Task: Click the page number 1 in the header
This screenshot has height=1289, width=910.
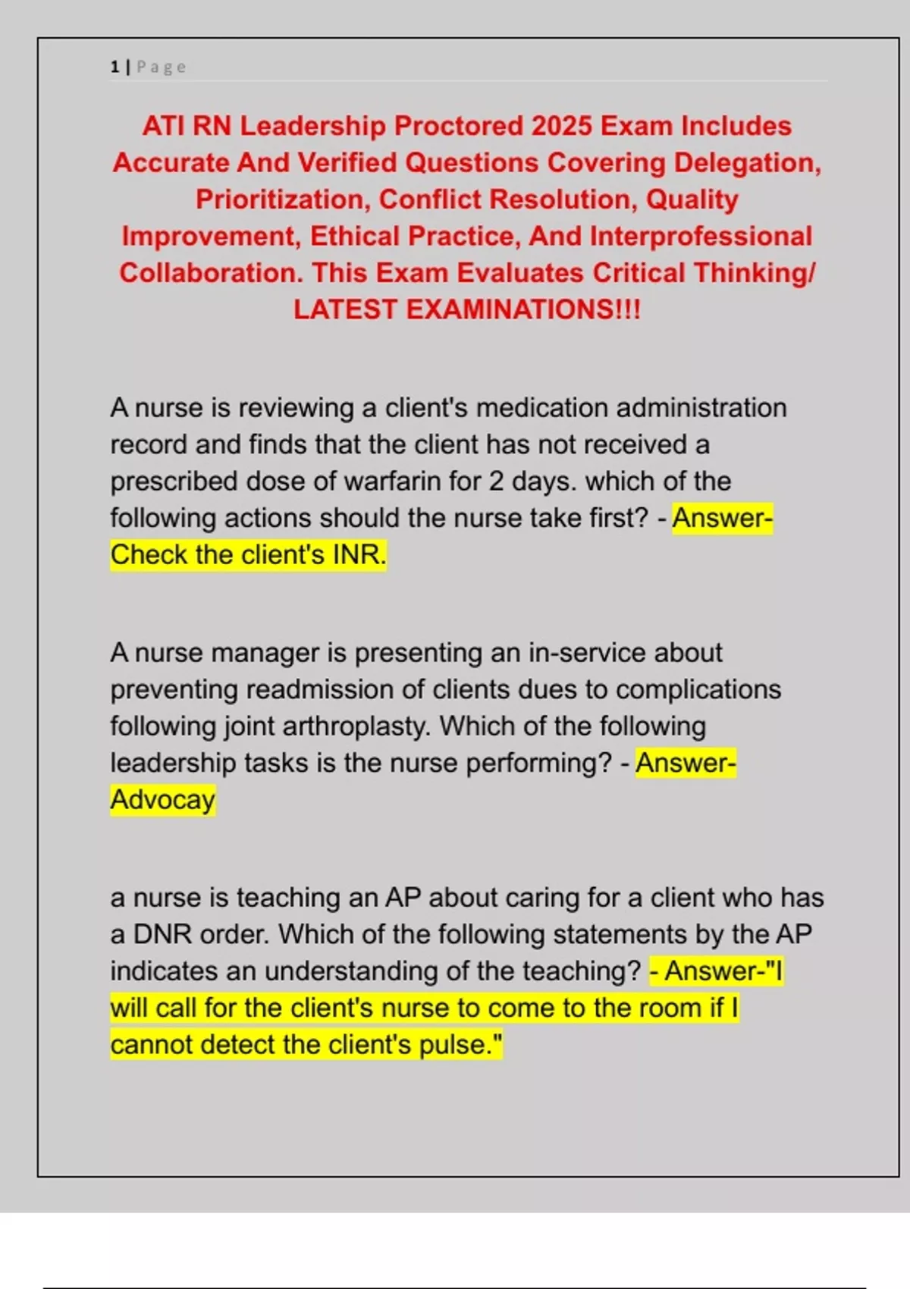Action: click(x=115, y=67)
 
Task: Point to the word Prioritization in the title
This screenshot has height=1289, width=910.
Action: click(x=283, y=199)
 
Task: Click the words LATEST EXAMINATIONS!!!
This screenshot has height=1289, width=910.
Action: click(x=467, y=309)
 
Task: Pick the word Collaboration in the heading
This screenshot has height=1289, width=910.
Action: click(x=210, y=273)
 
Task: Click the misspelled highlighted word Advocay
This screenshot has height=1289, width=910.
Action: click(x=163, y=800)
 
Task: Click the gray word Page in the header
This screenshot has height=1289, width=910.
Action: click(x=162, y=67)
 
